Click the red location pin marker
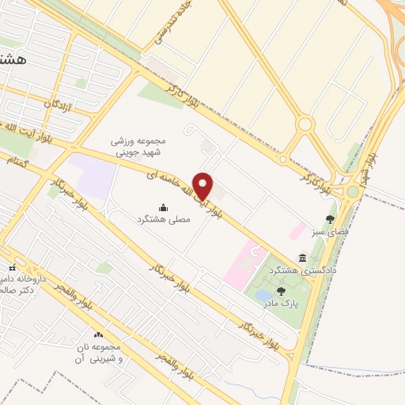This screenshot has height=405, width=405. pyautogui.click(x=203, y=186)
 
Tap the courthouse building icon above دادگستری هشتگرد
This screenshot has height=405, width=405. pyautogui.click(x=303, y=258)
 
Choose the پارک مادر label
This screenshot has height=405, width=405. pyautogui.click(x=282, y=303)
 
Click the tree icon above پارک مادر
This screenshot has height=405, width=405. pyautogui.click(x=281, y=292)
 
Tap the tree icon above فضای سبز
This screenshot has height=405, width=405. pyautogui.click(x=330, y=219)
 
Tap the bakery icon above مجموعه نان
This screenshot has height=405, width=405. pyautogui.click(x=99, y=335)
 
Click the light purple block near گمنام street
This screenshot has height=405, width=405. pyautogui.click(x=94, y=176)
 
